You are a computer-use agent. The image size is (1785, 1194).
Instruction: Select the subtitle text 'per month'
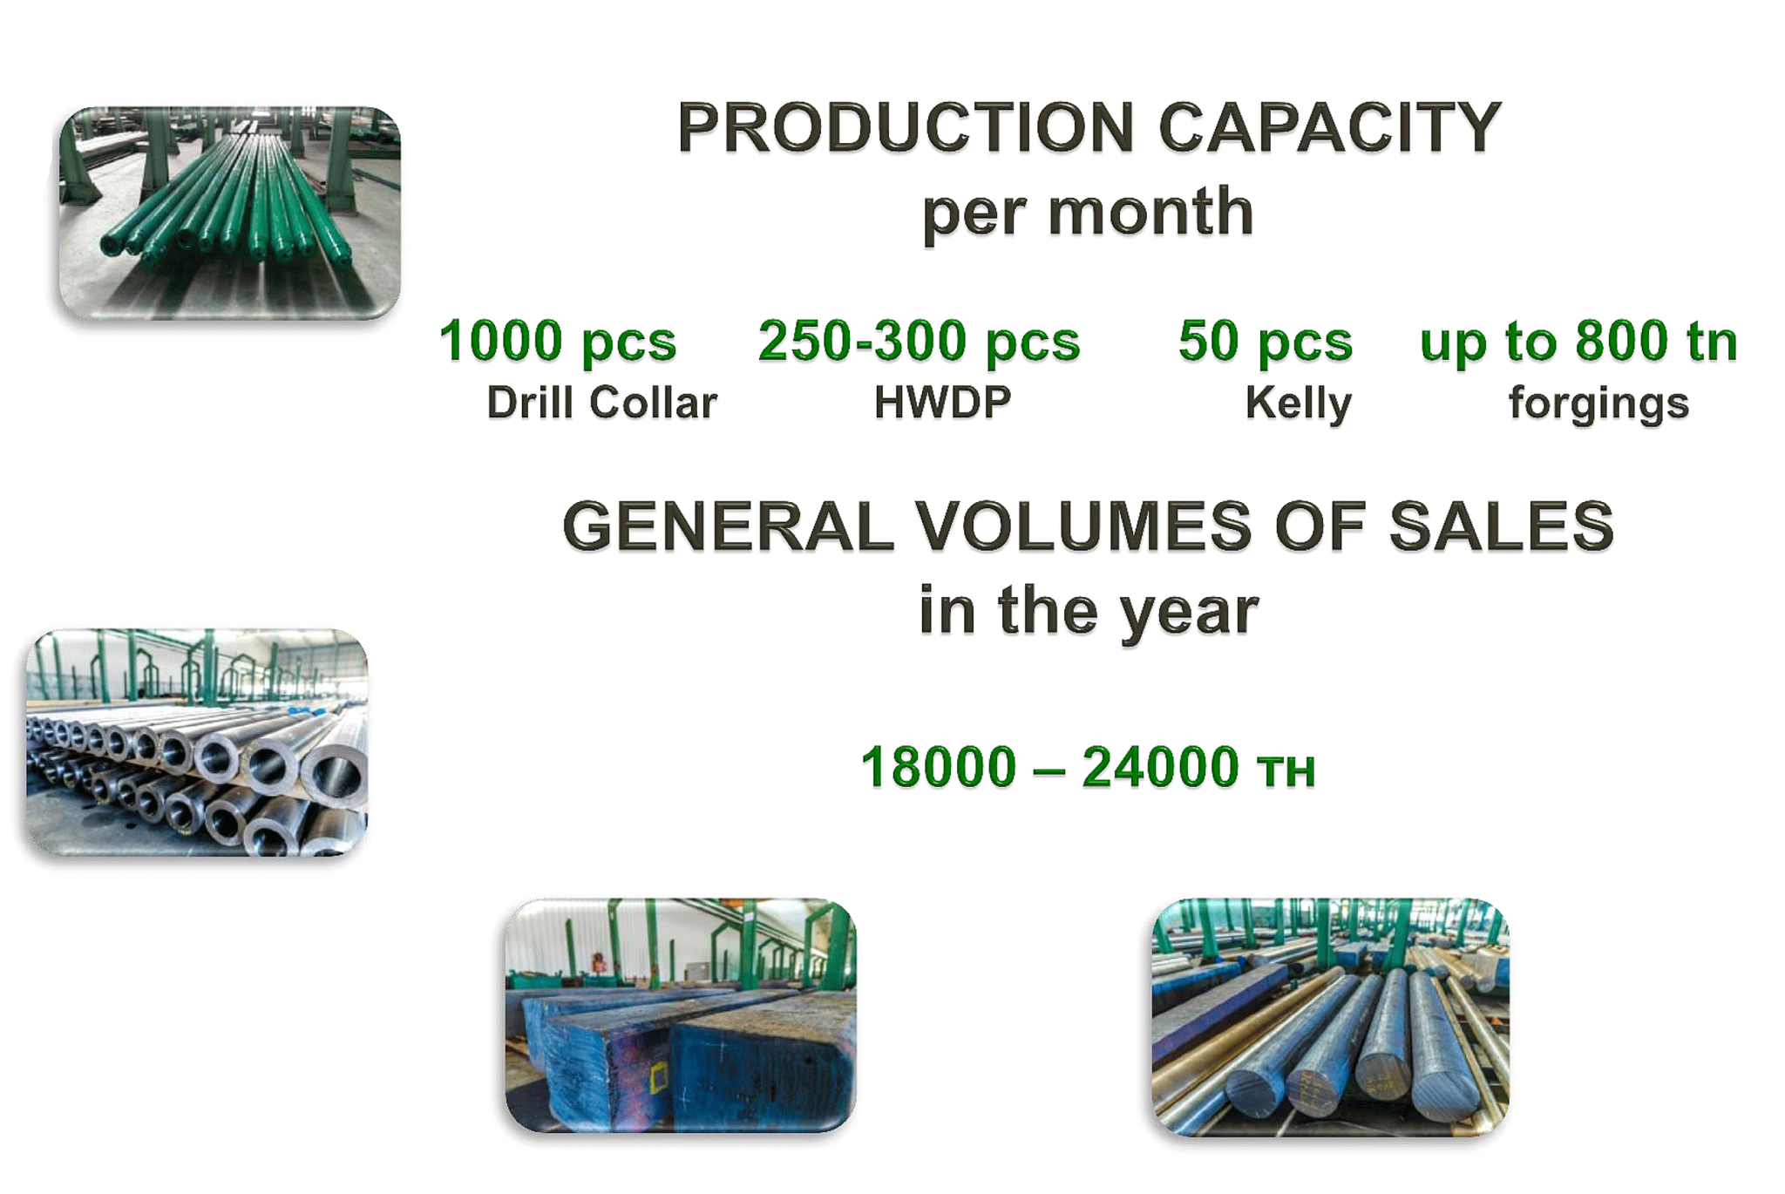click(x=1088, y=212)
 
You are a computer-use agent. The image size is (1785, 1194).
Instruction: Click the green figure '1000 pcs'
click(x=557, y=341)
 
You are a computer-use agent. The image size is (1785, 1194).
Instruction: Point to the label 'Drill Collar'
click(x=601, y=403)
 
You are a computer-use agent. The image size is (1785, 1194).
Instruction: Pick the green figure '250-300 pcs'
click(x=919, y=341)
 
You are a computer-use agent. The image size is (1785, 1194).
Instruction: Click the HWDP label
click(x=942, y=403)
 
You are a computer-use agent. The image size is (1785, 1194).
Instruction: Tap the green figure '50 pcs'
click(x=1265, y=341)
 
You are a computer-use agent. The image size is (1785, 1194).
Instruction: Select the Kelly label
click(x=1298, y=404)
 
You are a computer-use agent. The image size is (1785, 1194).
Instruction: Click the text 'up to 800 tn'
click(x=1578, y=341)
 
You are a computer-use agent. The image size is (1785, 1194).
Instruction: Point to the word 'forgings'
click(x=1598, y=404)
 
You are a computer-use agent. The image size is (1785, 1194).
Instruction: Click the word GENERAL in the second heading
click(x=728, y=526)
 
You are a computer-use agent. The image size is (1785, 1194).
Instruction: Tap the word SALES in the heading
click(x=1501, y=526)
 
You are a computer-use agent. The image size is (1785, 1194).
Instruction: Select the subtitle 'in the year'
click(x=1089, y=610)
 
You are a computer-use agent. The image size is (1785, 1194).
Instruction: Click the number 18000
click(x=939, y=767)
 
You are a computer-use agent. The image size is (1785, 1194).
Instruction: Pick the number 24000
click(x=1160, y=767)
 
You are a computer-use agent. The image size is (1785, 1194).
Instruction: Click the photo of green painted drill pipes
click(x=229, y=213)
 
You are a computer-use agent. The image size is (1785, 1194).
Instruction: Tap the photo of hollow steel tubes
click(x=197, y=742)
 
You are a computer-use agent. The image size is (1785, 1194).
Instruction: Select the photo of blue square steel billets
click(x=680, y=1015)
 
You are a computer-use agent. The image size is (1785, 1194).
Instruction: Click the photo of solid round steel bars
click(x=1330, y=1016)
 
